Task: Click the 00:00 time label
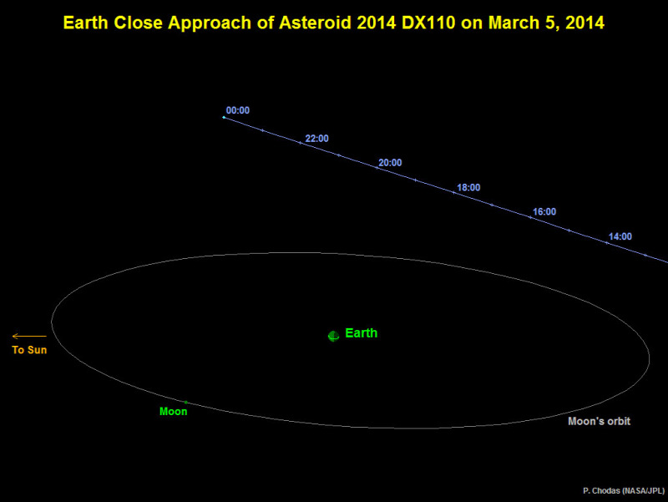(x=238, y=110)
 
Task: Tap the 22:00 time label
(x=317, y=139)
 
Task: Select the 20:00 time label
(x=390, y=163)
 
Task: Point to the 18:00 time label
(x=468, y=187)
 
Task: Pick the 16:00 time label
(x=544, y=212)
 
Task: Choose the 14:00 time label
(x=620, y=236)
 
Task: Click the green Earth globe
(x=333, y=337)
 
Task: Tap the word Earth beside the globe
(x=362, y=332)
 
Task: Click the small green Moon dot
(x=185, y=403)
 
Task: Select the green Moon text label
(x=174, y=412)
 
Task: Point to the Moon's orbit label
(x=599, y=421)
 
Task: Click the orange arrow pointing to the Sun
(x=29, y=337)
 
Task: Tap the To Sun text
(x=29, y=350)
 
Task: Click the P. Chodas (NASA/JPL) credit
(x=624, y=491)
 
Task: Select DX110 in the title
(x=428, y=23)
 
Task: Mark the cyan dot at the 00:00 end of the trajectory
(x=224, y=117)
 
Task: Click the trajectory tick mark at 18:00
(x=453, y=193)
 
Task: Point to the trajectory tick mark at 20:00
(x=377, y=168)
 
